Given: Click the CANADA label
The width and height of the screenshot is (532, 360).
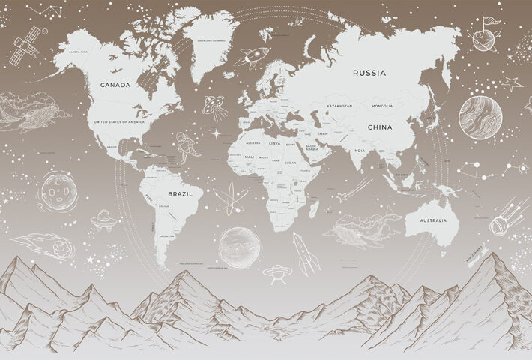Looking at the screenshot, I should click(116, 85).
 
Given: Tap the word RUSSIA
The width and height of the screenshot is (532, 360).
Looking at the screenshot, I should click(369, 73).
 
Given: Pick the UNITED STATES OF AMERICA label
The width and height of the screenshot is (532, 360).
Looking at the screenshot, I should click(116, 120).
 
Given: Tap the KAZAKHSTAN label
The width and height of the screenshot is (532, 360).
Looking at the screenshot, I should click(339, 106).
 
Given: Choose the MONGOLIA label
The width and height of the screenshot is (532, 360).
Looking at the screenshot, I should click(386, 106).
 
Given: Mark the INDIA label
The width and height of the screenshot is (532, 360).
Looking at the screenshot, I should click(359, 150).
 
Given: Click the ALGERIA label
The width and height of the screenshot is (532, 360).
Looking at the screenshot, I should click(253, 142).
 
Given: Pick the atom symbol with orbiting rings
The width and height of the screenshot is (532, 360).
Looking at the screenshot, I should click(226, 199).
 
